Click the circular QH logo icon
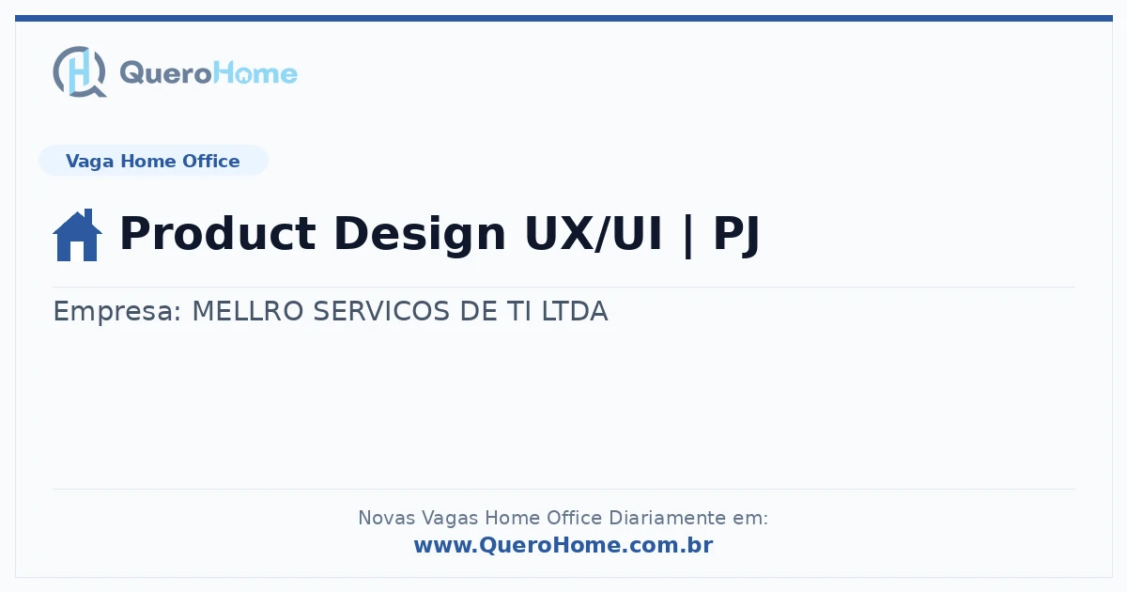[x=80, y=71]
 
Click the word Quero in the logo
[x=165, y=73]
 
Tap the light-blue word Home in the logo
[x=255, y=73]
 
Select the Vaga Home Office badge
[x=153, y=161]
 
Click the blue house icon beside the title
[x=77, y=235]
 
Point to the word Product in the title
[x=218, y=233]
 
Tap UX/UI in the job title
[x=594, y=233]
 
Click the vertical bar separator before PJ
[x=687, y=235]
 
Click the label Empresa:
[x=116, y=311]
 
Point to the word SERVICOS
[x=381, y=311]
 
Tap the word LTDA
[x=575, y=311]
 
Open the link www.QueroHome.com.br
[x=563, y=545]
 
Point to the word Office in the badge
[x=211, y=161]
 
